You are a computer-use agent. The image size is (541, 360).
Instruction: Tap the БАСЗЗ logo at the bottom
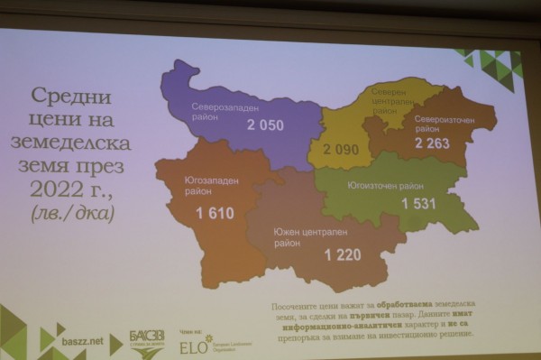point(146,340)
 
